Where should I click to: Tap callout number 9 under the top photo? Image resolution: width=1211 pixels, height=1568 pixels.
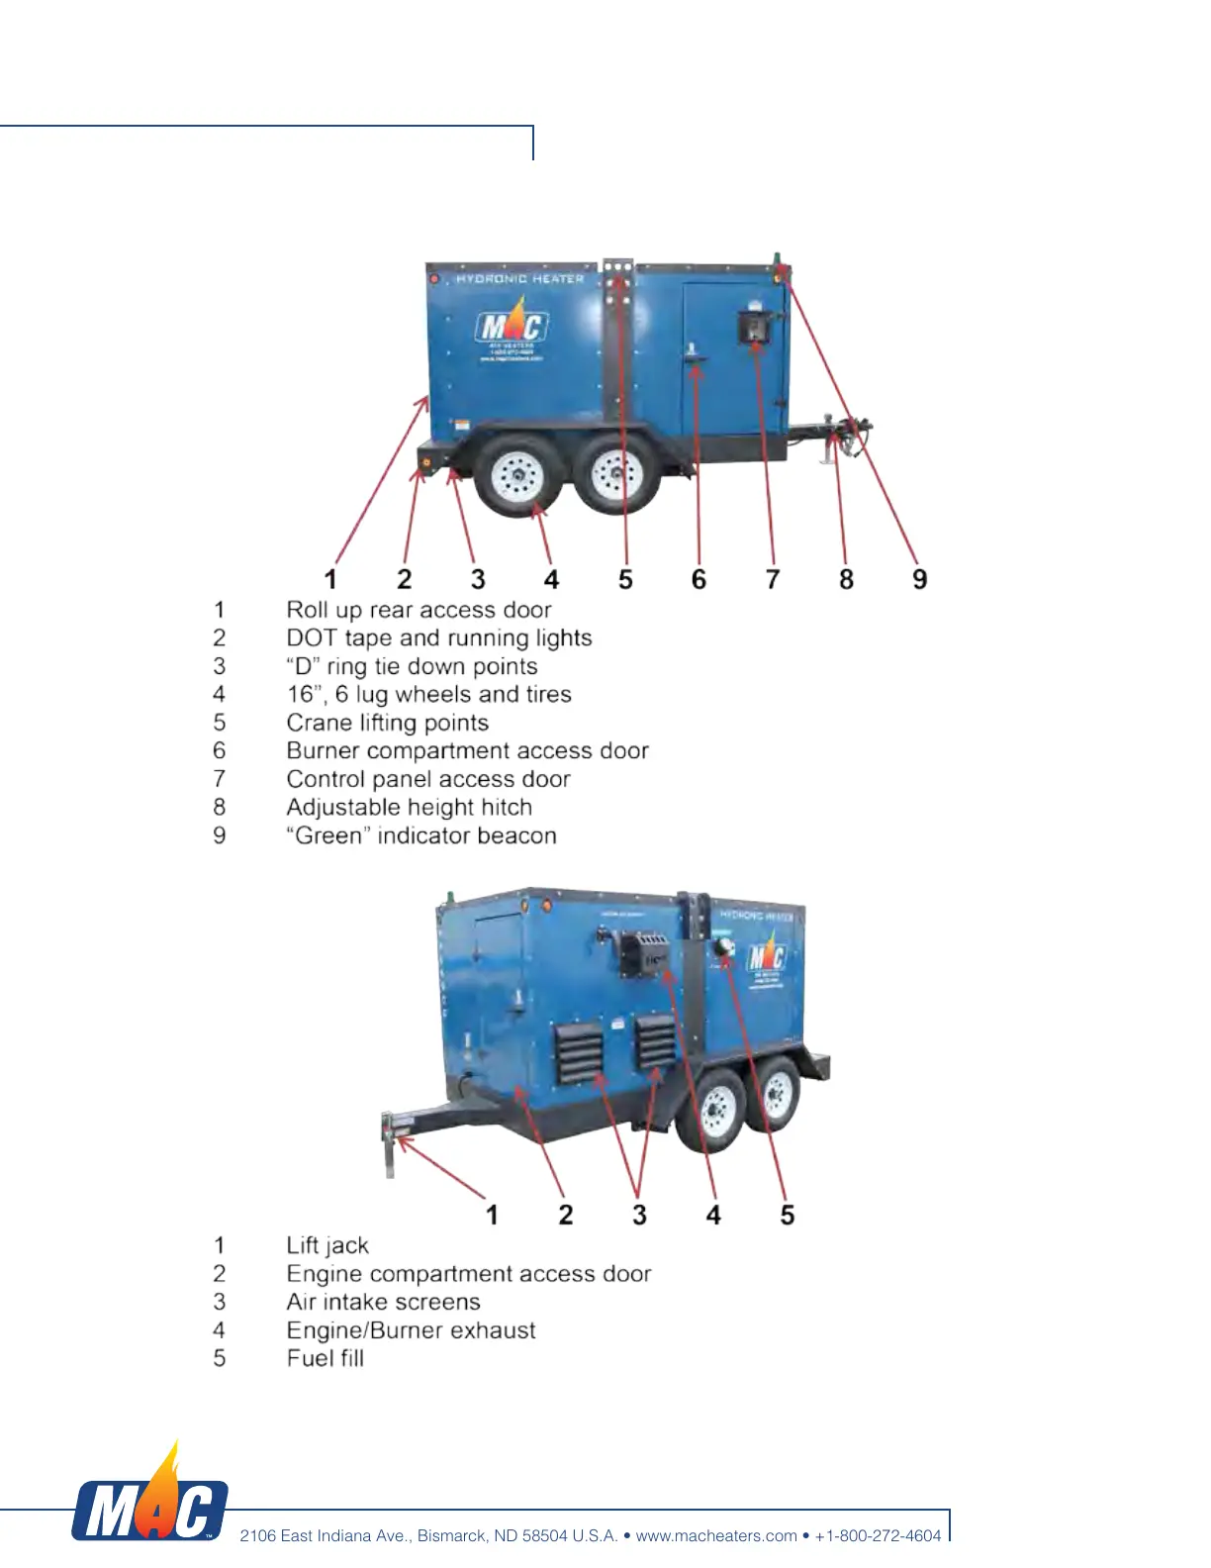coord(920,579)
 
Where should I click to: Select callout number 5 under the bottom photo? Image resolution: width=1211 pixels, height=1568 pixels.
coord(788,1215)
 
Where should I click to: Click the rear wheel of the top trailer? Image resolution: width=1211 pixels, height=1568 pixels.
coord(517,476)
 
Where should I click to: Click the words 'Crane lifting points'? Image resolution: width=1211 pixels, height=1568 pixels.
coord(387,723)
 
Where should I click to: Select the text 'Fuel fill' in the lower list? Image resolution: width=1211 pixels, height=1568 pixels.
coord(326,1358)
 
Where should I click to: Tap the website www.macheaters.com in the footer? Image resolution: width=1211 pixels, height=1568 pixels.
coord(716,1535)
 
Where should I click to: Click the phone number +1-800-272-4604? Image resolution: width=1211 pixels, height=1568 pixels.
coord(878,1535)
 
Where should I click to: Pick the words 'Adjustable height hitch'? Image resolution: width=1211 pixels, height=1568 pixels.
coord(409,808)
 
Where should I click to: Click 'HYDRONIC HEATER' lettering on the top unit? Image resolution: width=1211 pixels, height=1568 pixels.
coord(520,279)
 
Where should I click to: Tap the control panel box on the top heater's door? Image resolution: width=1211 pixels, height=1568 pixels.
coord(756,326)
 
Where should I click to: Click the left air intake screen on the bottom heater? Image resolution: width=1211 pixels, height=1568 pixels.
coord(578,1052)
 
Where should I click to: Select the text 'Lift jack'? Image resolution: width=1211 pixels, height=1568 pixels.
coord(327,1245)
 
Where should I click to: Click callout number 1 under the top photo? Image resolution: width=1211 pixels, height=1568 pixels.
coord(330,579)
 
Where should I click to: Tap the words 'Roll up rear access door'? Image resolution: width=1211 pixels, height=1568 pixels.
coord(419,610)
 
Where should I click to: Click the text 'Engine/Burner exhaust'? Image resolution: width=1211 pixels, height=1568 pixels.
coord(411,1330)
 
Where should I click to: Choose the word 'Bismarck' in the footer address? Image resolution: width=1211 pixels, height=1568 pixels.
coord(452,1535)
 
